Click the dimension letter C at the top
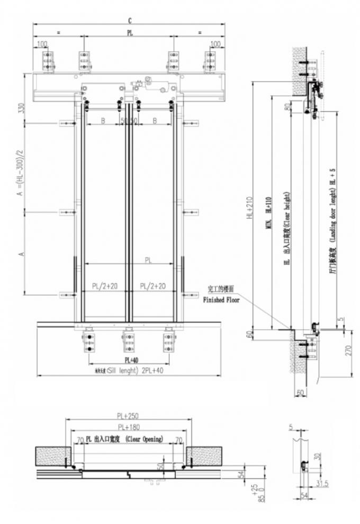pyautogui.click(x=129, y=20)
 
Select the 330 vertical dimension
pyautogui.click(x=22, y=108)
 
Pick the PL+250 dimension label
pyautogui.click(x=128, y=415)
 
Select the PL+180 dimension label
pyautogui.click(x=129, y=427)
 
